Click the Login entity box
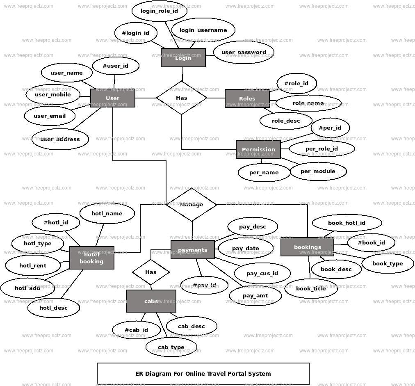183,58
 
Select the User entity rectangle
112,98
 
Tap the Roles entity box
247,98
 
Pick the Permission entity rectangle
258,149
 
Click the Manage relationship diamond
191,204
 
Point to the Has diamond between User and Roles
182,98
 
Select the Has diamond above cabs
150,272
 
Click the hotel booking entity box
91,258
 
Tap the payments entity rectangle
192,250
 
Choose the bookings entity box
307,247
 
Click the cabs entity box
151,301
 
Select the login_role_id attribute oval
159,11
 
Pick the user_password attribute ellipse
244,52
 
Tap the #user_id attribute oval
115,66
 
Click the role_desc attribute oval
286,121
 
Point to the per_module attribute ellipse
318,171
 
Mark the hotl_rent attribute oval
33,265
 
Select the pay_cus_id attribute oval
262,273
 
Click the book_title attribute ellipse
311,288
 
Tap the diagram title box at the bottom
203,374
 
